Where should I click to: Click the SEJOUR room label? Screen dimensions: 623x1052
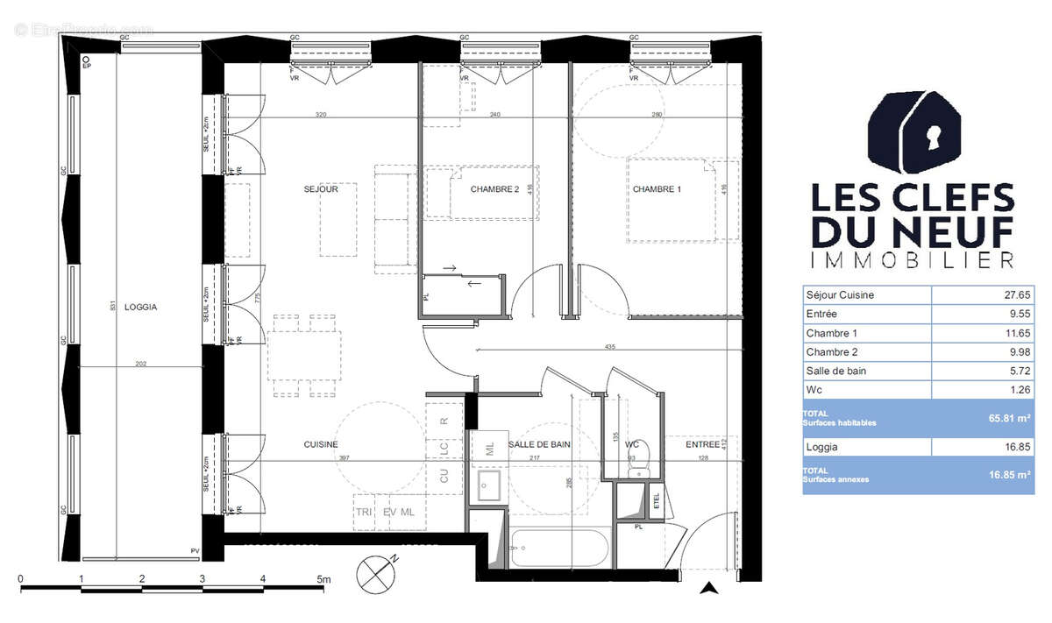click(x=321, y=188)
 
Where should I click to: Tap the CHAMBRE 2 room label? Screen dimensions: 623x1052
click(x=494, y=189)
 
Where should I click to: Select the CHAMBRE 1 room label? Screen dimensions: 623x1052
click(x=657, y=189)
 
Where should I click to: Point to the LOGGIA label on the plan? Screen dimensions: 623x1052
click(x=140, y=307)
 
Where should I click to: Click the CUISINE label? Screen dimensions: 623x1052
click(x=321, y=445)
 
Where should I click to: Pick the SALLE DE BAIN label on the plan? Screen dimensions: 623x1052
click(x=539, y=445)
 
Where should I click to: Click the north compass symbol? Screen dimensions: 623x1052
click(x=377, y=576)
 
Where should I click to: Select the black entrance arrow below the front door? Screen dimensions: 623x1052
click(x=708, y=589)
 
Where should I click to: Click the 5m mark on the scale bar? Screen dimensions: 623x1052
click(x=323, y=579)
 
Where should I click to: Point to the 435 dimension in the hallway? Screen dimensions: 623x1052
click(x=610, y=348)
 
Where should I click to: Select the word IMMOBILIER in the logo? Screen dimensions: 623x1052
click(x=912, y=260)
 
